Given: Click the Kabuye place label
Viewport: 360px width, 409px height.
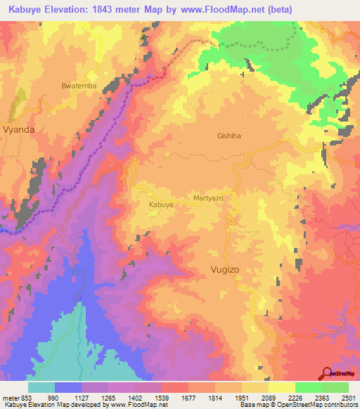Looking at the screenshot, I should tap(161, 204).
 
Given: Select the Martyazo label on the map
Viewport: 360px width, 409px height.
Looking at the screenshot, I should tap(208, 199).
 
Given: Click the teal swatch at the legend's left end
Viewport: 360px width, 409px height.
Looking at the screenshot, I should tap(41, 387).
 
